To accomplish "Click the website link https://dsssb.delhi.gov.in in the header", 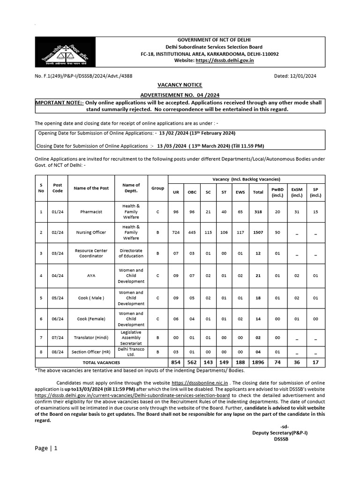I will tap(225, 61).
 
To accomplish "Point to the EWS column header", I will tap(240, 192).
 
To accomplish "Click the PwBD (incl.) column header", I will tap(277, 192).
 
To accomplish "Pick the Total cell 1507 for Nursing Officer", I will tap(258, 232).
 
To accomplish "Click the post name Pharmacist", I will tap(91, 212).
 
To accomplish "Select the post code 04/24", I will tap(58, 276).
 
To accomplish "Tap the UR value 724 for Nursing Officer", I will tap(176, 232).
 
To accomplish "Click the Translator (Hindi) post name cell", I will tap(91, 337).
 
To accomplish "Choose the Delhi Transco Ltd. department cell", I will tap(131, 352).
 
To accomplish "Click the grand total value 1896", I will tap(258, 362).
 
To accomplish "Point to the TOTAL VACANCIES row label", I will tap(101, 362).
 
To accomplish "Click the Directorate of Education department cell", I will tap(131, 253).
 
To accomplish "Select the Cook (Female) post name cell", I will tap(91, 319).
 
